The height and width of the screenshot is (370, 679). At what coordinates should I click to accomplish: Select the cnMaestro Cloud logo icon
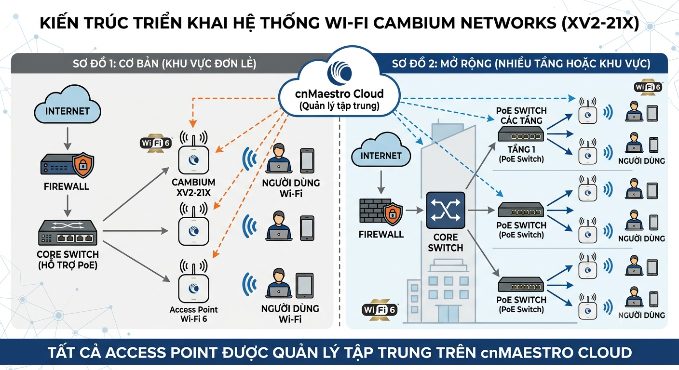(340, 73)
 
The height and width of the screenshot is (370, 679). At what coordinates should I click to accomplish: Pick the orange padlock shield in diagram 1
(83, 165)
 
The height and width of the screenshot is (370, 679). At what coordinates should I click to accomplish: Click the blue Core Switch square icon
(446, 210)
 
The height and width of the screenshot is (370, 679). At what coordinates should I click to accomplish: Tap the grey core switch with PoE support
(68, 233)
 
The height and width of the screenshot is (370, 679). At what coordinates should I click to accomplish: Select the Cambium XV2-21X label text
(193, 187)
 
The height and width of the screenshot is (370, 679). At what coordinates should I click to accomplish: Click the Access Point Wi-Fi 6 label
(194, 314)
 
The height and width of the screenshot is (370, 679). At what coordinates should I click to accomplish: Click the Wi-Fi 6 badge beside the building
(380, 310)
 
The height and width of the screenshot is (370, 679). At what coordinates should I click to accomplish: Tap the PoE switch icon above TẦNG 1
(521, 134)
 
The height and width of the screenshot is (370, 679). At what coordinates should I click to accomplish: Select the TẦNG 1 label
(521, 149)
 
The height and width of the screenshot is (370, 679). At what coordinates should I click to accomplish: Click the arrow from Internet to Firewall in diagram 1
(68, 138)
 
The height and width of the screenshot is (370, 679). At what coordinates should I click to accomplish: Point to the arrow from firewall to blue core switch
(414, 210)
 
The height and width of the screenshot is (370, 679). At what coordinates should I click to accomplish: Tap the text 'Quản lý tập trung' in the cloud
(339, 106)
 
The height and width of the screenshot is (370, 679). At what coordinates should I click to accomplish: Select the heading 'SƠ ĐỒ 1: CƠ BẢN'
(116, 64)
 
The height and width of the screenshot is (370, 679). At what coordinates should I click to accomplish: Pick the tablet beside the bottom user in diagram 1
(305, 286)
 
